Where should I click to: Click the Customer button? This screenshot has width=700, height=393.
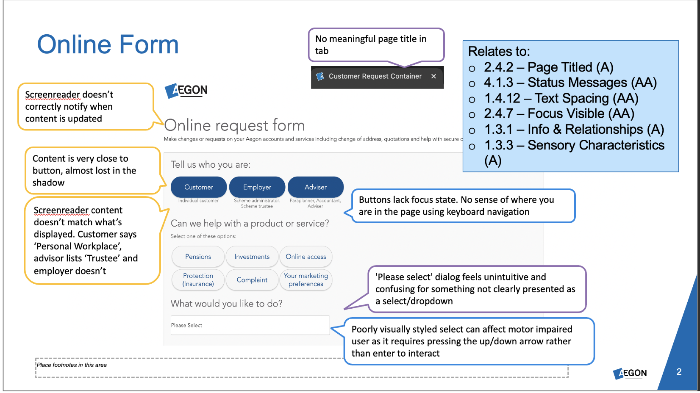pyautogui.click(x=199, y=187)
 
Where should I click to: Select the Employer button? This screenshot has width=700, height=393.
pyautogui.click(x=257, y=187)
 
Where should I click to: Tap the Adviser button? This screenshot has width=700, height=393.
pyautogui.click(x=316, y=187)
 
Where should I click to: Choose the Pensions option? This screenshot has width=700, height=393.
pyautogui.click(x=198, y=257)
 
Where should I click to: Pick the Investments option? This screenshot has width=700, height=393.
pyautogui.click(x=252, y=257)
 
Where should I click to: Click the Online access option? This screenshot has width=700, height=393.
pyautogui.click(x=306, y=257)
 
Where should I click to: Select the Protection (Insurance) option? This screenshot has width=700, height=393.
pyautogui.click(x=198, y=280)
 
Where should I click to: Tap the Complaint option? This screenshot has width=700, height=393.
pyautogui.click(x=252, y=280)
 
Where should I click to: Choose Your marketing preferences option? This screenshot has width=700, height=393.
pyautogui.click(x=306, y=280)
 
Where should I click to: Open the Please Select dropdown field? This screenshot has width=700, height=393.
pyautogui.click(x=250, y=325)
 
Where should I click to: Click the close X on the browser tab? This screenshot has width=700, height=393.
pyautogui.click(x=433, y=76)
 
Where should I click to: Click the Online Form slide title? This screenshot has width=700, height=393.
pyautogui.click(x=108, y=44)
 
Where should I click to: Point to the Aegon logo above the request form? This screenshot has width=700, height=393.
pyautogui.click(x=186, y=90)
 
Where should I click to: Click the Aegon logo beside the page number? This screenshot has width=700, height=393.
pyautogui.click(x=630, y=373)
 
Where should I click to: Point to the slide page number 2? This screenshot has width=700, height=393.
pyautogui.click(x=679, y=372)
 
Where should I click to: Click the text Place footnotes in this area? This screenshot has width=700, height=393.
pyautogui.click(x=72, y=365)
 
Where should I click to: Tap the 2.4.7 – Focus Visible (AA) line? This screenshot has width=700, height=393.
pyautogui.click(x=559, y=113)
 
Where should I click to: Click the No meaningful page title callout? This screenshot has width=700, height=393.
pyautogui.click(x=376, y=45)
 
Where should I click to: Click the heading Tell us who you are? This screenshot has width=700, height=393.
pyautogui.click(x=211, y=165)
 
